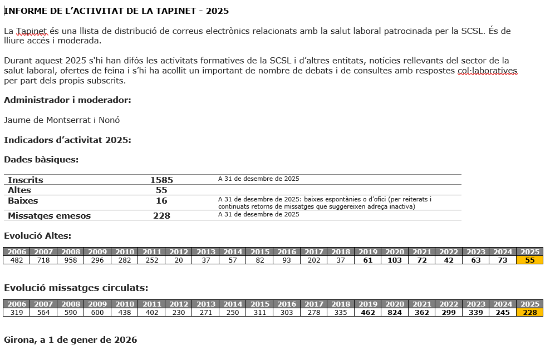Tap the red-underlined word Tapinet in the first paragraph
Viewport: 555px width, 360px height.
click(x=32, y=31)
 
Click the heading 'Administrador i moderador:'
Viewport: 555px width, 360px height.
click(x=67, y=100)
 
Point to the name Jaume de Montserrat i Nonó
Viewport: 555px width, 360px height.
click(x=62, y=120)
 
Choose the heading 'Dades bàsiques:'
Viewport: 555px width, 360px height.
click(x=41, y=160)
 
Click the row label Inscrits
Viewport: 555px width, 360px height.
click(x=26, y=180)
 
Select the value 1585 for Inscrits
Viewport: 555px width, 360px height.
click(x=161, y=180)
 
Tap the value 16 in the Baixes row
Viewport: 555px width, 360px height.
click(x=161, y=201)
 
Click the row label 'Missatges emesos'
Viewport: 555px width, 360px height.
click(x=49, y=216)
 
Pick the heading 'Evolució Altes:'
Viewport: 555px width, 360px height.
click(x=37, y=236)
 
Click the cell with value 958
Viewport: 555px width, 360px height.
click(x=71, y=260)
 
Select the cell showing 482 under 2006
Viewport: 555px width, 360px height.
click(x=17, y=260)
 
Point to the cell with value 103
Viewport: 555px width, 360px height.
click(x=395, y=260)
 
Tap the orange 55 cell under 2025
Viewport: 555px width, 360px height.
click(x=530, y=260)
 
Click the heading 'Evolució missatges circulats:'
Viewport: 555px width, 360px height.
click(x=76, y=288)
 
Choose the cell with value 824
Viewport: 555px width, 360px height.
click(x=395, y=312)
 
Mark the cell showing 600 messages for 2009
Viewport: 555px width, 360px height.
click(x=97, y=312)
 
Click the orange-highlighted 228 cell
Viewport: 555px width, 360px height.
click(x=530, y=312)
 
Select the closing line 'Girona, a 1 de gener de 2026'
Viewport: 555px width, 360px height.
click(x=70, y=339)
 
